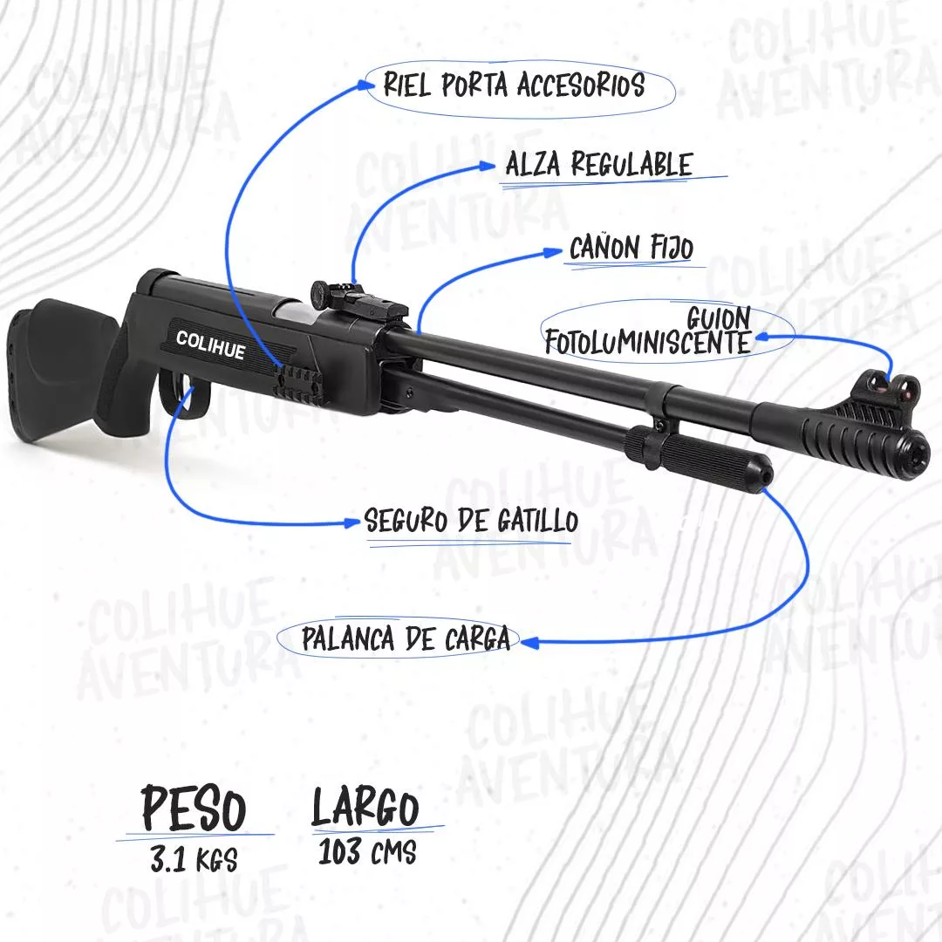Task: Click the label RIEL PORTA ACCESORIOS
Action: pyautogui.click(x=515, y=85)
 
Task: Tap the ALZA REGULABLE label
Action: pyautogui.click(x=599, y=164)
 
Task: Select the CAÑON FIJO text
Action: pyautogui.click(x=631, y=248)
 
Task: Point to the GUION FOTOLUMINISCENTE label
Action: pyautogui.click(x=649, y=331)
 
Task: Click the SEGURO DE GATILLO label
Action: pyautogui.click(x=471, y=520)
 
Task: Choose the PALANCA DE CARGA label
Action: pyautogui.click(x=406, y=638)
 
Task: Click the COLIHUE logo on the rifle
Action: pyautogui.click(x=210, y=345)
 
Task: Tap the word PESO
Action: pyautogui.click(x=194, y=808)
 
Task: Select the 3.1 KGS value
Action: pyautogui.click(x=194, y=859)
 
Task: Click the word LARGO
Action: pyautogui.click(x=365, y=807)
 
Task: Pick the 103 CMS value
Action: pyautogui.click(x=367, y=851)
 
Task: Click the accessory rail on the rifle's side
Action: pyautogui.click(x=299, y=383)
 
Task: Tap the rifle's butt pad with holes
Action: pyautogui.click(x=18, y=366)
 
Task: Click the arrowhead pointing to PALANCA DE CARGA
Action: pyautogui.click(x=528, y=643)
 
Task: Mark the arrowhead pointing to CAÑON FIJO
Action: pyautogui.click(x=553, y=252)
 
